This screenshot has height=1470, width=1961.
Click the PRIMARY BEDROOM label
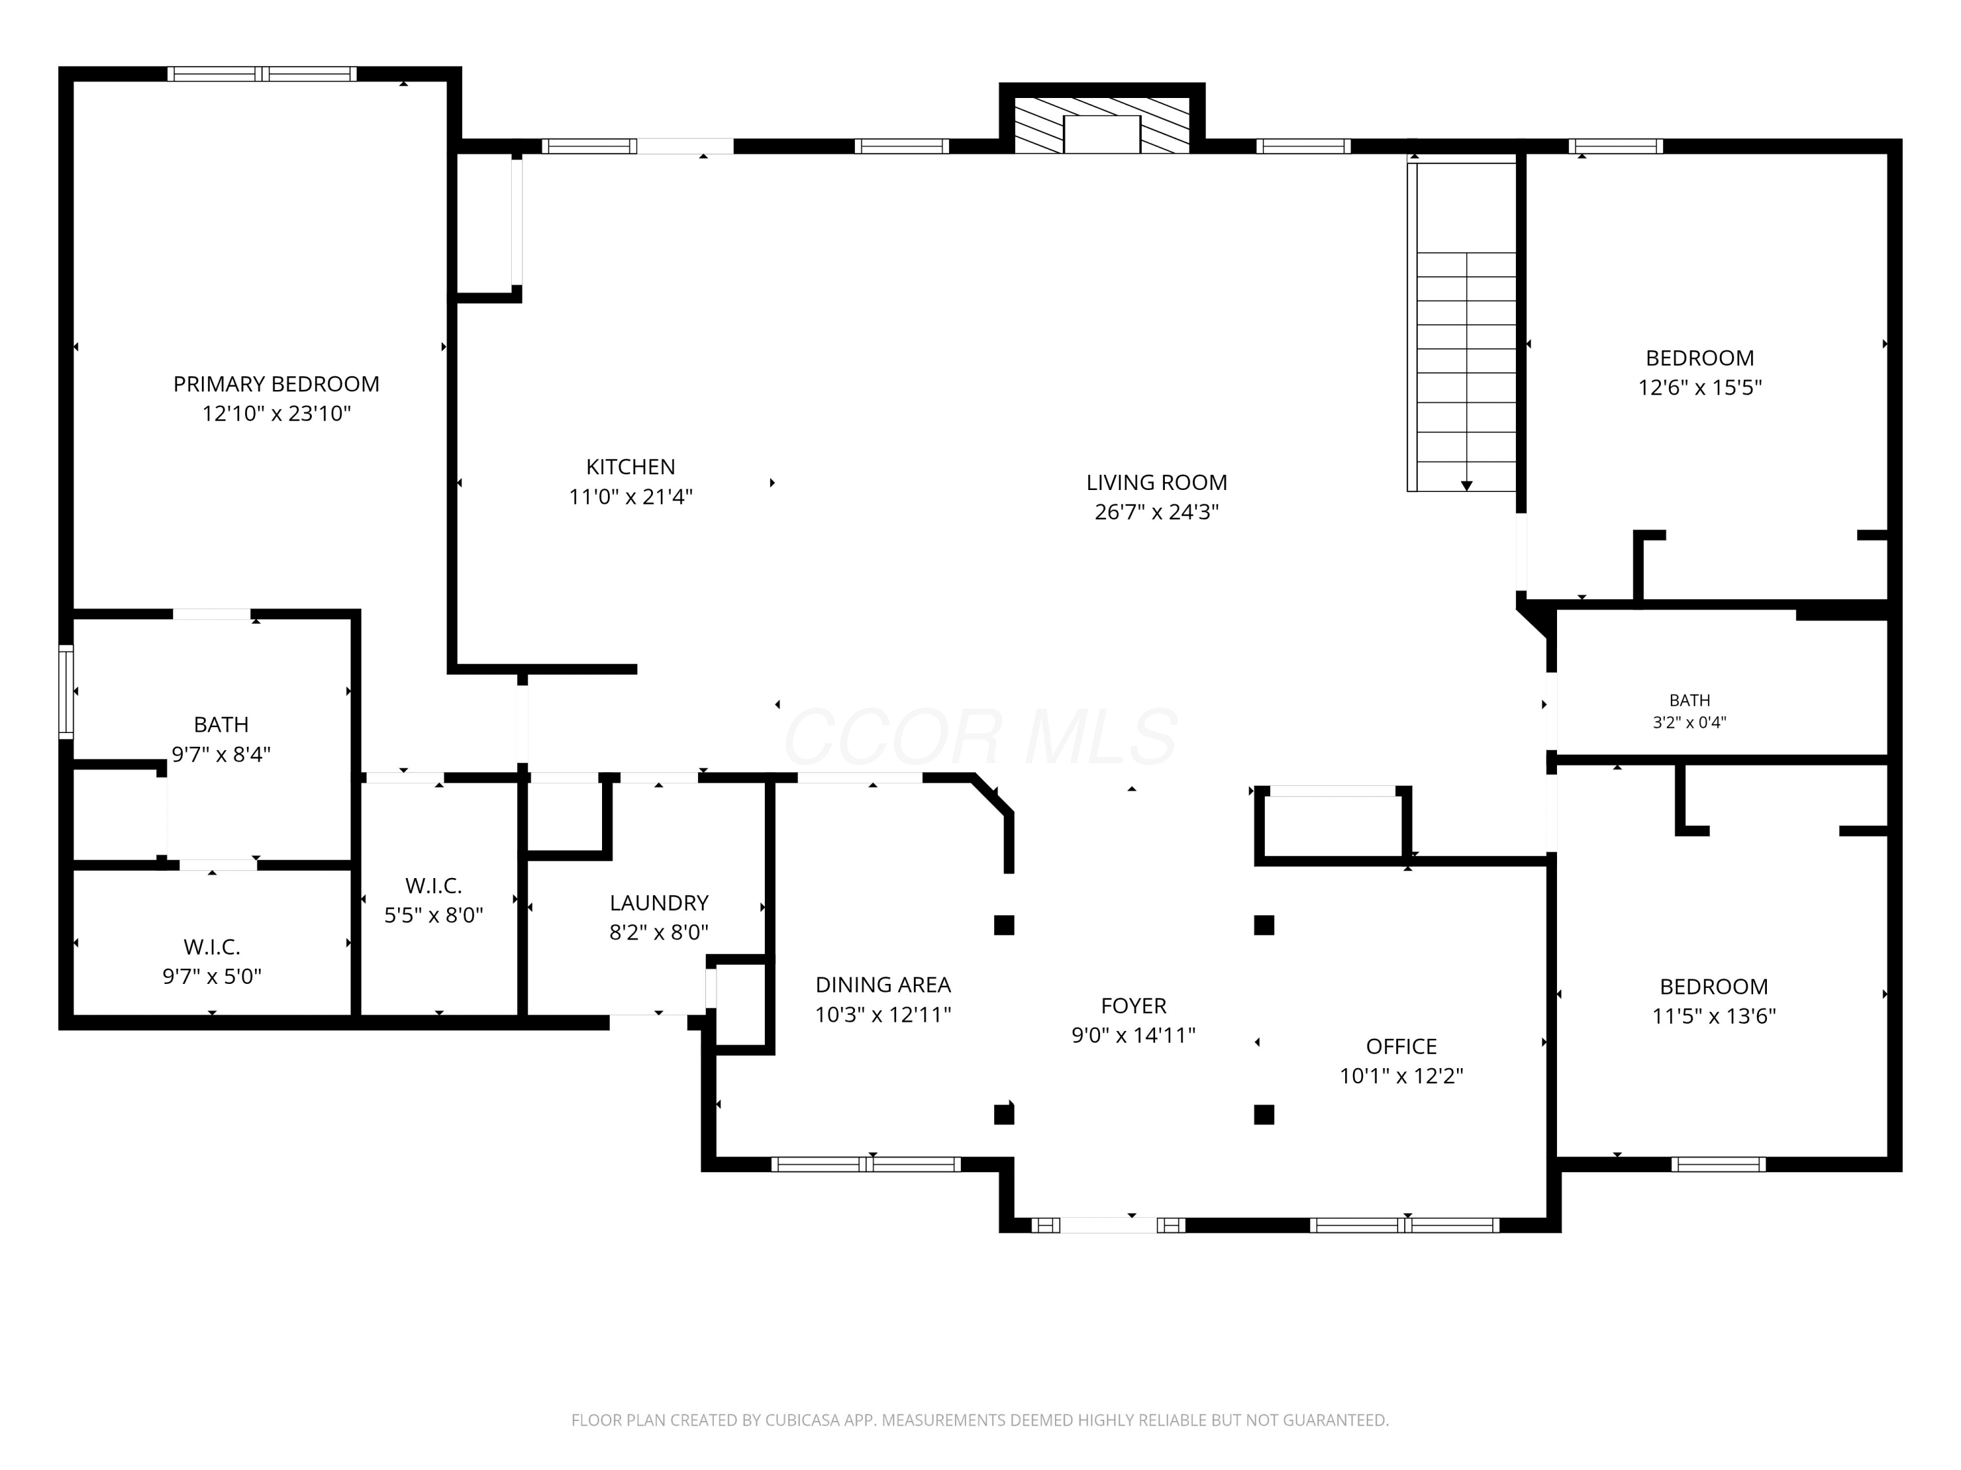coord(276,384)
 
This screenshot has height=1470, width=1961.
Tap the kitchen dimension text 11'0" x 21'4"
coord(630,496)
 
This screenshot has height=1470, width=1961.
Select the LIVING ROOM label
coord(1157,482)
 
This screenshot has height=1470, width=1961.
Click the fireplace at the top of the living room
coord(1102,125)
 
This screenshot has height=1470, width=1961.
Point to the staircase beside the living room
coord(1462,326)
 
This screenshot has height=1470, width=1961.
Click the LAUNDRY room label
coord(659,902)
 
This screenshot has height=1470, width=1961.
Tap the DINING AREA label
coord(883,985)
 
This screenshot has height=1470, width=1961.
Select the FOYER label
coord(1134,1005)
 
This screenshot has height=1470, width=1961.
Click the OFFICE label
coord(1401,1047)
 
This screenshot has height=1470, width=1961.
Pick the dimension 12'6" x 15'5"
coord(1700,387)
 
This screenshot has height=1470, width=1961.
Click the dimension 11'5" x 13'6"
coord(1714,1015)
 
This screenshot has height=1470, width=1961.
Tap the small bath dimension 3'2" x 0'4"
coord(1690,722)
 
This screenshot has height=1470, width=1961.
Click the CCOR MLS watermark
coord(980,737)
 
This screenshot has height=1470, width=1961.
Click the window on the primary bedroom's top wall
coord(262,74)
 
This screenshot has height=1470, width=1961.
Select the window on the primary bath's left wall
coord(65,692)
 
